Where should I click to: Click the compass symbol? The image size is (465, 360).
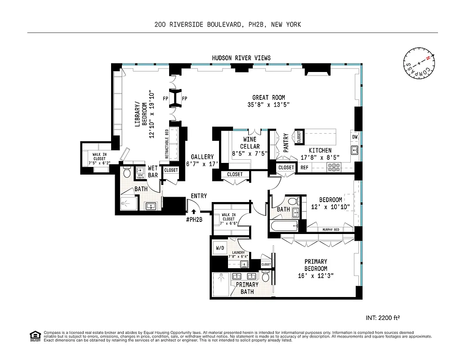(419, 64)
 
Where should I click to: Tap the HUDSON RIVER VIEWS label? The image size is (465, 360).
(241, 58)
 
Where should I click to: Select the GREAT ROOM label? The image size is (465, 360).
(268, 98)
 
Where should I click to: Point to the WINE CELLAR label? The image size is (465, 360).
(250, 143)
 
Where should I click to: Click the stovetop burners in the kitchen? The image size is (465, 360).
(335, 167)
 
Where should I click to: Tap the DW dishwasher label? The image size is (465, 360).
(355, 137)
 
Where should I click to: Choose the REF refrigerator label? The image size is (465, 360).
(304, 167)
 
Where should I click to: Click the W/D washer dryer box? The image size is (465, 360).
(220, 248)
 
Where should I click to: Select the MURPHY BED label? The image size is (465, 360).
(330, 230)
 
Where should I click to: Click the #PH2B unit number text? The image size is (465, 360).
(194, 219)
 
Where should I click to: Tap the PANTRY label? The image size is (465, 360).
(286, 143)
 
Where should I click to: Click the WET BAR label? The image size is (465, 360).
(153, 171)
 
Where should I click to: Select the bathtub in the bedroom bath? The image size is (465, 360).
(283, 226)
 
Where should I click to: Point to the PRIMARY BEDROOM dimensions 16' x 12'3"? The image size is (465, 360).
(316, 275)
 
